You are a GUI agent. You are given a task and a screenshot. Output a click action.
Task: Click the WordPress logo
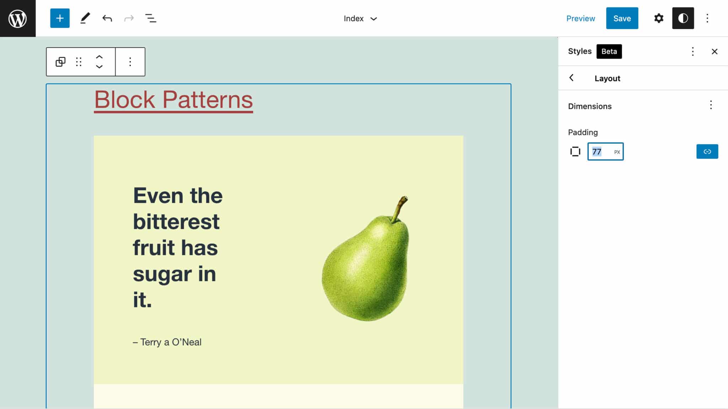point(17,18)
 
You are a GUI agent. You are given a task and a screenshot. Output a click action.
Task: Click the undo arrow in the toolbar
point(107,18)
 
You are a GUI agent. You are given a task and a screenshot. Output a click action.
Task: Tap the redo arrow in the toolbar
point(129,18)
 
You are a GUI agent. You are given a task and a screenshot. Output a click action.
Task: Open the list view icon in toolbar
point(151,18)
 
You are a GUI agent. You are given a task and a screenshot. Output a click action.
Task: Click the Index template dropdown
point(360,18)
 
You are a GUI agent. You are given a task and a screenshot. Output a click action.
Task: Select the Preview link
point(580,18)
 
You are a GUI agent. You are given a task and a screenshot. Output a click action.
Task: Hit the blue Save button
point(622,18)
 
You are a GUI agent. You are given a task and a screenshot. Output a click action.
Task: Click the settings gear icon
point(659,18)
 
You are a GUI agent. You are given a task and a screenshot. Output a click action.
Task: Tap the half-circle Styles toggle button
point(683,18)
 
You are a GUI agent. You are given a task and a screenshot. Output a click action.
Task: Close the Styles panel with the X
point(714,52)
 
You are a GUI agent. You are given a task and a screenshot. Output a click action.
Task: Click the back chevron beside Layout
point(572,78)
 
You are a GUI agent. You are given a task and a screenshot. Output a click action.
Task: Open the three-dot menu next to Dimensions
point(711,105)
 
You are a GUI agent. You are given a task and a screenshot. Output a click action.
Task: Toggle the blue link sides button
point(707,152)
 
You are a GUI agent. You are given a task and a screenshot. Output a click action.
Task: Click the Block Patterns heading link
point(173,100)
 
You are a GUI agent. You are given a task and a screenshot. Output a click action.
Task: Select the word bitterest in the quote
point(176,222)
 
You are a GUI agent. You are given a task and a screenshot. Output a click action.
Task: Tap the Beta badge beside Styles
point(609,52)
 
